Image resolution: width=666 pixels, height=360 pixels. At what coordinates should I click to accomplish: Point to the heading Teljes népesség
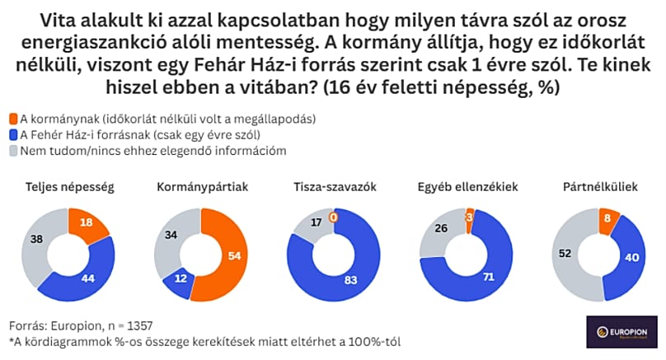pos(70,187)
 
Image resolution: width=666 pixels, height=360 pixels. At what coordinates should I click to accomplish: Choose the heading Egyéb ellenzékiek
pos(467,187)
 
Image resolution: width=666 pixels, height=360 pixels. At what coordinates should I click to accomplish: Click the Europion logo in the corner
pos(621,334)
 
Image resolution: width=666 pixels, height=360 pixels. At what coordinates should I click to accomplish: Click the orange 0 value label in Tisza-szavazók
pos(334,217)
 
